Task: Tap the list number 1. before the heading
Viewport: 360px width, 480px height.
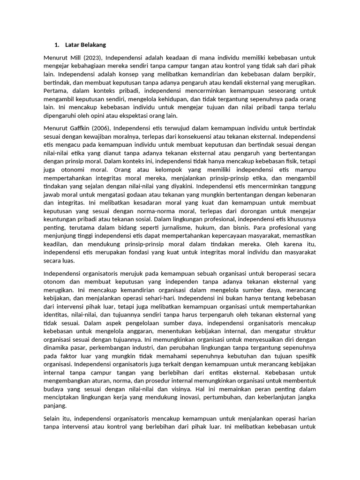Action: click(x=57, y=45)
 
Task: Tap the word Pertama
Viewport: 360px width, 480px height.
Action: click(x=56, y=90)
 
